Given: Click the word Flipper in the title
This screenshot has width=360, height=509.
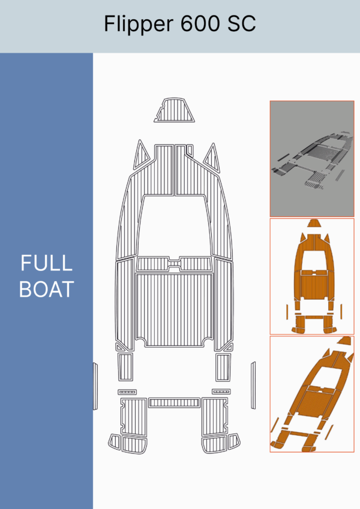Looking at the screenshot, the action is (139, 24).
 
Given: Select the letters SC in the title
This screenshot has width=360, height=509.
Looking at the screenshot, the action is (241, 23).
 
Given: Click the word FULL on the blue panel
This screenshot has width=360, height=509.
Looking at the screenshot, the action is (46, 263).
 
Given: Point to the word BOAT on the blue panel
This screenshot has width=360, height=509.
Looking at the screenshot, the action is (46, 289).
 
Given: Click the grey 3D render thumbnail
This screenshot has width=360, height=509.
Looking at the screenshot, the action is (312, 159).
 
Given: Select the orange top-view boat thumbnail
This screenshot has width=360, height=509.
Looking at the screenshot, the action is (312, 276).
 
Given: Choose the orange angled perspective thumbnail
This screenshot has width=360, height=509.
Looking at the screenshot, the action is (312, 394).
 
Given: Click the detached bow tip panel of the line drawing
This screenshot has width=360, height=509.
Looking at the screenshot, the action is (175, 110).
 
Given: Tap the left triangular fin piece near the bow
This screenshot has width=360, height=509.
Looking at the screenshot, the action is (140, 156).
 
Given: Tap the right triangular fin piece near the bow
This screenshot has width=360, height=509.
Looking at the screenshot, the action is (212, 159).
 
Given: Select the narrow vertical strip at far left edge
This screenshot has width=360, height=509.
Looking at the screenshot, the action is (95, 386).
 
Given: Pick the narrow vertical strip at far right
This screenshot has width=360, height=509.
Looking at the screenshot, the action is (253, 385).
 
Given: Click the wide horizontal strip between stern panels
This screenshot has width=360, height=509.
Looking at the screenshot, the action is (174, 403).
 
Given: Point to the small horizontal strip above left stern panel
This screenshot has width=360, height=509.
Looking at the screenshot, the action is (127, 392).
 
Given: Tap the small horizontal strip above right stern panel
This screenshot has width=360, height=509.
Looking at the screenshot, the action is (221, 391).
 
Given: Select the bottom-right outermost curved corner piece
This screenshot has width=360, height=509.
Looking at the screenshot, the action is (234, 441).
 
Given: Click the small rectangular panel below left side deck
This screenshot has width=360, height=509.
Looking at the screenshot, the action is (125, 367).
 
